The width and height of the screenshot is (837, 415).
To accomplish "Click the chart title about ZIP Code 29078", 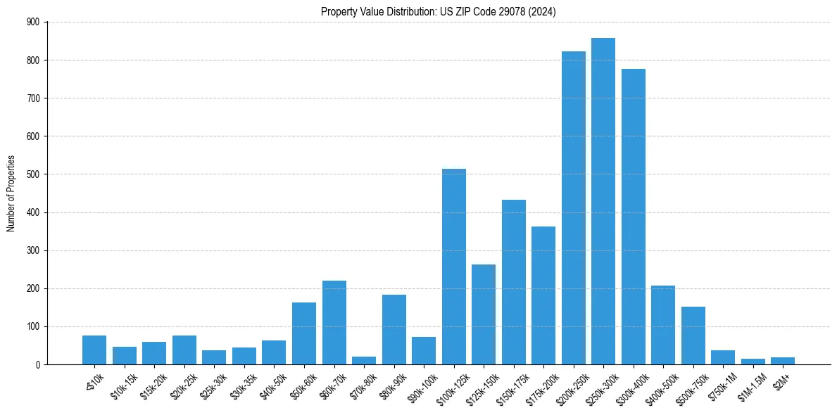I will click(x=439, y=11).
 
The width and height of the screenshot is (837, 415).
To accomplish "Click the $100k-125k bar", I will click(x=453, y=267).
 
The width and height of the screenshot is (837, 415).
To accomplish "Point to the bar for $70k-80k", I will click(x=364, y=360).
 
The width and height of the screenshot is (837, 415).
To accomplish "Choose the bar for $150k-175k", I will click(x=513, y=282).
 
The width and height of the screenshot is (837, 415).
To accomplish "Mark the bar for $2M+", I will click(x=782, y=361).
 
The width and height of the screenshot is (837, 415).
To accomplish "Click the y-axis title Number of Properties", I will click(x=11, y=193).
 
